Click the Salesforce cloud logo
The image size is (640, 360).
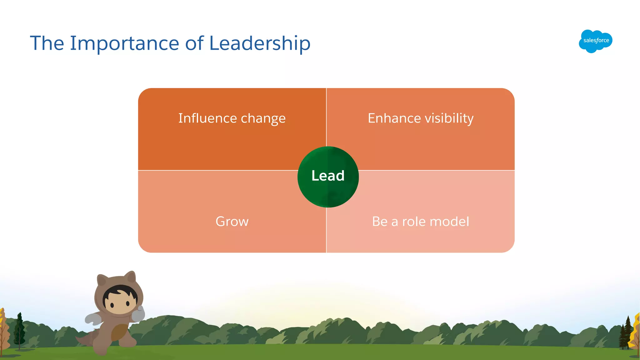(595, 41)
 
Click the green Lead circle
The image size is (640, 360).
(328, 177)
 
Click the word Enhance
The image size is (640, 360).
(394, 118)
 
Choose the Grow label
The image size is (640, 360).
(232, 222)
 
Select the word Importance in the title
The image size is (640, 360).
(124, 43)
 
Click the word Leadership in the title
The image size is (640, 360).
(260, 43)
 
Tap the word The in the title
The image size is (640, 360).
(47, 43)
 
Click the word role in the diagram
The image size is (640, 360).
(414, 222)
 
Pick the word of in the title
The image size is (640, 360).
(194, 43)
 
